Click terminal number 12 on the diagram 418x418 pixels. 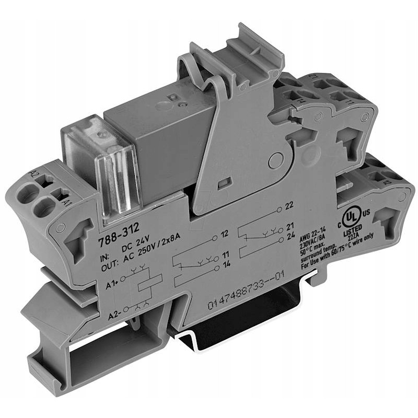coord(225,233)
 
